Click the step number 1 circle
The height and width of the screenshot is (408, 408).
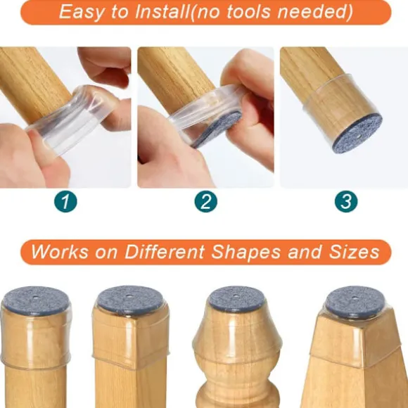65,201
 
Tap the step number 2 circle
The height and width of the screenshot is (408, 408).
206,201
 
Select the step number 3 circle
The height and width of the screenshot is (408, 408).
346,201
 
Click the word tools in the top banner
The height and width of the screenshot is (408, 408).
248,12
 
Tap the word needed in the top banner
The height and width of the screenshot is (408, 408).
312,12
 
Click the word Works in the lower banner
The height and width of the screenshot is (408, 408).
60,252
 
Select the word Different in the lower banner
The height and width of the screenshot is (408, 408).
165,252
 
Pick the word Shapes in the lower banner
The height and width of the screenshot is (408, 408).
246,252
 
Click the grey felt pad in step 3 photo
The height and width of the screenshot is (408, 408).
357,132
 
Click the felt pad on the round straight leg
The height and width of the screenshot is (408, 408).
36,300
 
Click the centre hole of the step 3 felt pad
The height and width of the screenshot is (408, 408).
359,136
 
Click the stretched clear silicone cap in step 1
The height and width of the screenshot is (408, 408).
70,120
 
